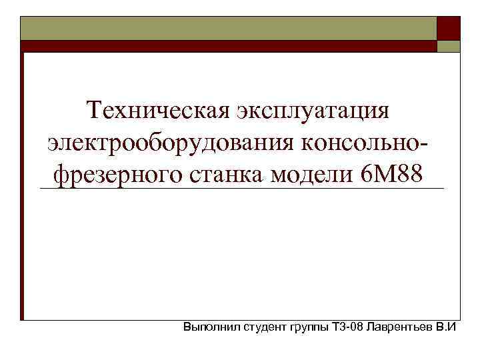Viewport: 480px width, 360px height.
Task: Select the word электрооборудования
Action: [x=172, y=142]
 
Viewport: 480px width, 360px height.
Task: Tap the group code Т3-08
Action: [x=347, y=328]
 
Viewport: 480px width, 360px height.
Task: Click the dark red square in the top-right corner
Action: [x=448, y=28]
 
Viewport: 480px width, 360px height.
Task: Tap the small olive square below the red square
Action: [x=448, y=46]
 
